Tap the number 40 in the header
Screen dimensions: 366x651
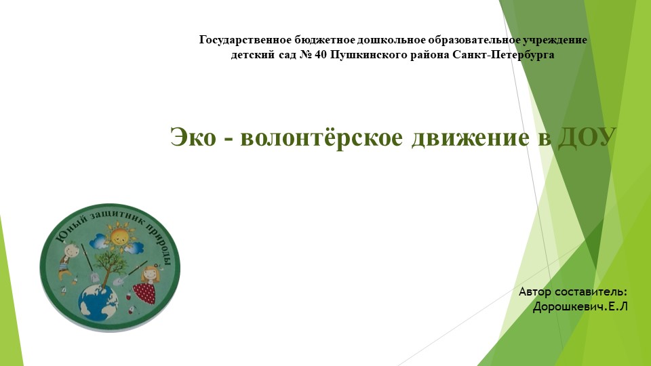pyautogui.click(x=321, y=55)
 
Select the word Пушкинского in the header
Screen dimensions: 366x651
pyautogui.click(x=367, y=55)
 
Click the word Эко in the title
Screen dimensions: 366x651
pyautogui.click(x=192, y=138)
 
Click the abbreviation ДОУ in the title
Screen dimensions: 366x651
pyautogui.click(x=587, y=138)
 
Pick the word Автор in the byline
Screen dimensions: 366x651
pyautogui.click(x=535, y=292)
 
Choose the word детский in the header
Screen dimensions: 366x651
pyautogui.click(x=252, y=55)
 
